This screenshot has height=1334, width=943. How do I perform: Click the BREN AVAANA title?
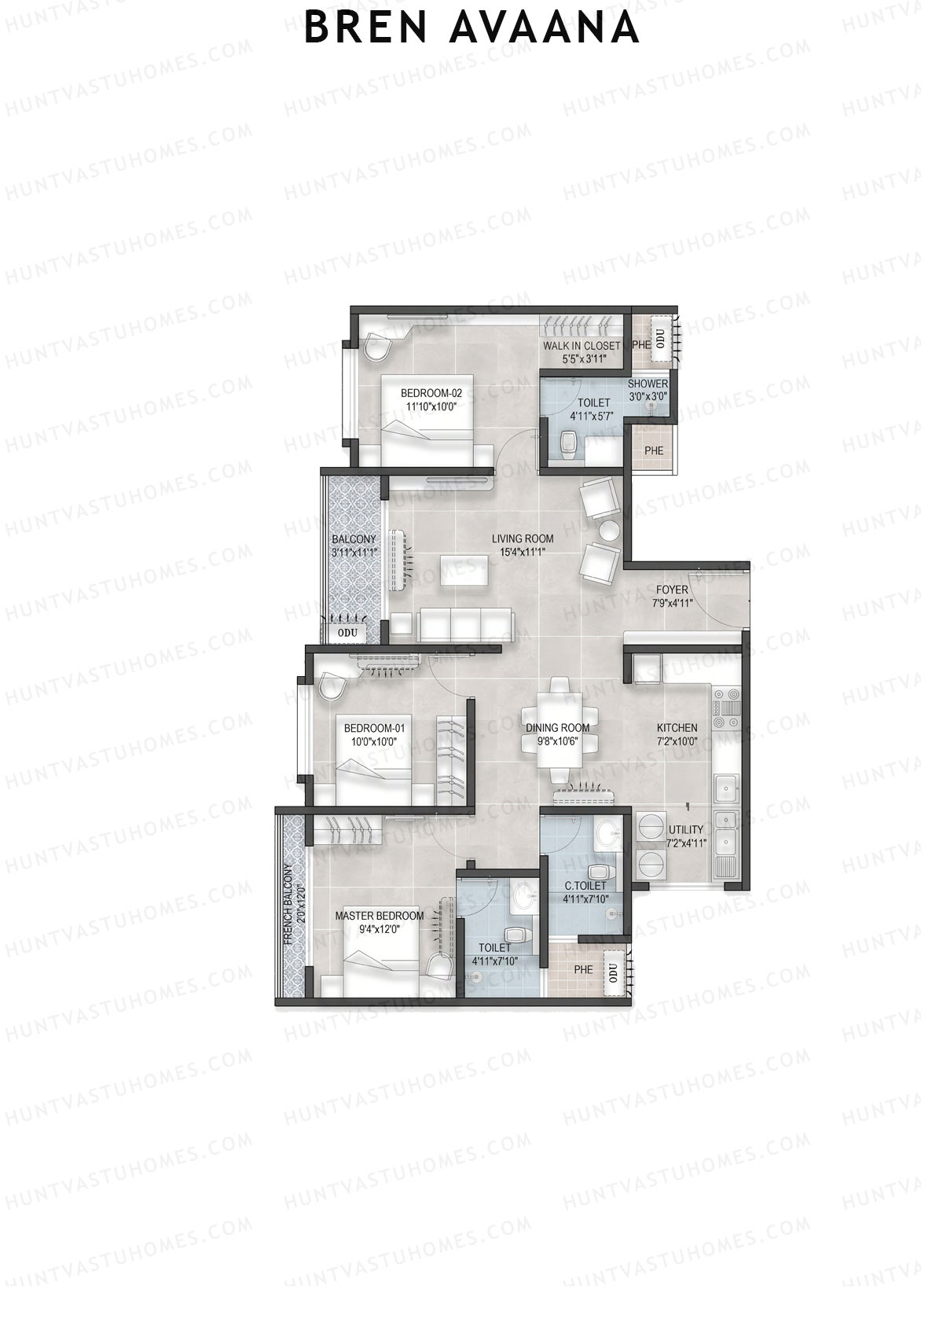click(472, 28)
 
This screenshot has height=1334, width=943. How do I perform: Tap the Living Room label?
click(523, 538)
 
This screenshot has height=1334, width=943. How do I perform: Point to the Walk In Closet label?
click(582, 346)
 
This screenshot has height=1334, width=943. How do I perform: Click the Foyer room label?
click(670, 590)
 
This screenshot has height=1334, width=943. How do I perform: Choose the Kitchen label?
click(677, 728)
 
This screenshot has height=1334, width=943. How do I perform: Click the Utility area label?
click(686, 830)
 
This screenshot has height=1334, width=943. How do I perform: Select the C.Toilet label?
click(585, 886)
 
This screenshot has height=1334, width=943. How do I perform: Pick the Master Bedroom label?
click(380, 916)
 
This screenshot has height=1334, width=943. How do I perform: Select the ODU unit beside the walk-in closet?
click(661, 339)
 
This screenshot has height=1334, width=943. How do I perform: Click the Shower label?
click(648, 384)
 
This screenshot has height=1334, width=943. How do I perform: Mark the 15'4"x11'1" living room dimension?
click(523, 551)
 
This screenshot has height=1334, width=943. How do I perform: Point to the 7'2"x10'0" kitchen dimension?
click(677, 740)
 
